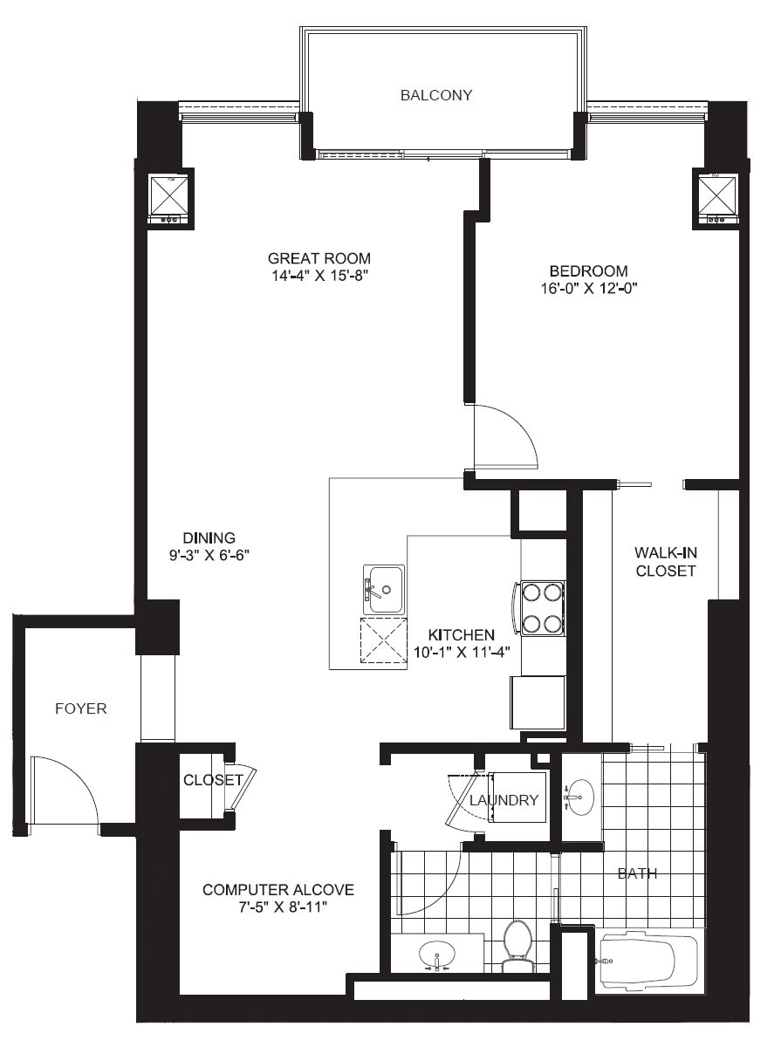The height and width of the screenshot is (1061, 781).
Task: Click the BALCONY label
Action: point(436,95)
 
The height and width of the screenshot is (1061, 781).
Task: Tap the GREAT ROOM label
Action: point(319,258)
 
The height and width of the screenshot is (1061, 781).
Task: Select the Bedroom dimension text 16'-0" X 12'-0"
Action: point(588,289)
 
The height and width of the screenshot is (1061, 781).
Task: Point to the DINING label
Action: point(209,537)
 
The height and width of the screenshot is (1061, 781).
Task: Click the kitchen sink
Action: point(384,589)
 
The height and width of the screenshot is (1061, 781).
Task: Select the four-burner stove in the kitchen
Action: point(541,608)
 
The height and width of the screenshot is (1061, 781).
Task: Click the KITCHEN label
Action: point(462,634)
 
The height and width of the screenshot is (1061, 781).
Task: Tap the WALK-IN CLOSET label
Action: point(665,562)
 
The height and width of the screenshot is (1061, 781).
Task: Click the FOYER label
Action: point(81,708)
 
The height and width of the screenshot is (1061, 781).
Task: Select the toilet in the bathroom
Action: point(517,945)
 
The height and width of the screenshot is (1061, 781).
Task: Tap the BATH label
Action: point(637,873)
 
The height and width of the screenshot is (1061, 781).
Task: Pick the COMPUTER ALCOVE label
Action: point(278,890)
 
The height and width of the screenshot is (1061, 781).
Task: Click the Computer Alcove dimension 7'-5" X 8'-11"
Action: point(278,907)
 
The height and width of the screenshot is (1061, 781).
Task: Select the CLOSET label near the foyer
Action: point(213,780)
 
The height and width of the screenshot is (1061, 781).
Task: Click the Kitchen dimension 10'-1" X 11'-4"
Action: point(462,651)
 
